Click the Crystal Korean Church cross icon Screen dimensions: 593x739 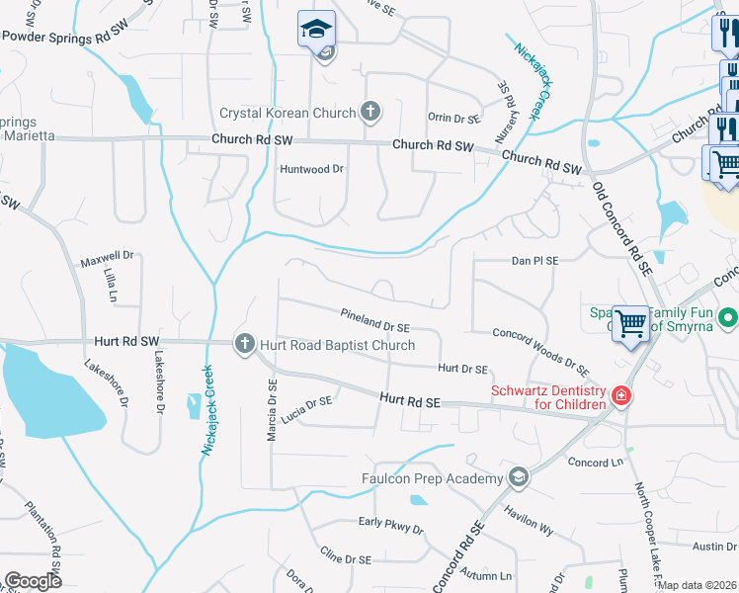(370, 111)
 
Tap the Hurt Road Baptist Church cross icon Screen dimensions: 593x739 (244, 344)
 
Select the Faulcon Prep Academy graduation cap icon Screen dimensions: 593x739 (517, 478)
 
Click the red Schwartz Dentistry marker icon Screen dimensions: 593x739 (621, 396)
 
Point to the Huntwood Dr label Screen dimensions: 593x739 (311, 169)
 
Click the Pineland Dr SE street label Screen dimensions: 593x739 (374, 325)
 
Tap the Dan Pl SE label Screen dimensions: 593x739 (534, 261)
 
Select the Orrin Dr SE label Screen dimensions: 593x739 (453, 118)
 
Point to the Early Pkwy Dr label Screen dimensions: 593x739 (390, 523)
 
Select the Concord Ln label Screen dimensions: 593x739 (596, 462)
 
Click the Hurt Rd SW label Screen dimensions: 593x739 (126, 341)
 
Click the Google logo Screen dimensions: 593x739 (33, 580)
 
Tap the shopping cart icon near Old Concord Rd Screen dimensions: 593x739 (630, 323)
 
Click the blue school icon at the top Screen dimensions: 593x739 (317, 31)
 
